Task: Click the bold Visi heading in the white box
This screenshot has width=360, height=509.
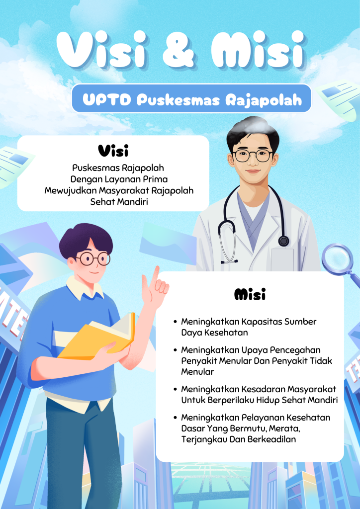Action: [x=113, y=151]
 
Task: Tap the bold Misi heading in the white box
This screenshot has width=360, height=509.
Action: [x=250, y=294]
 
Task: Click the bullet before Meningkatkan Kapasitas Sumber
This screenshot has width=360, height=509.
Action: [x=176, y=322]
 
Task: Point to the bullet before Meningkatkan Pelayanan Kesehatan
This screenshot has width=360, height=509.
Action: [x=176, y=418]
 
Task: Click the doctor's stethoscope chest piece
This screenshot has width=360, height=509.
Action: [x=283, y=241]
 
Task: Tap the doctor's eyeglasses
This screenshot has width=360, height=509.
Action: [x=253, y=156]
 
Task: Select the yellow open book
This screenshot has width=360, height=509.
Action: [x=97, y=337]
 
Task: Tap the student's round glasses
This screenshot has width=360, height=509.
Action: [x=93, y=258]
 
